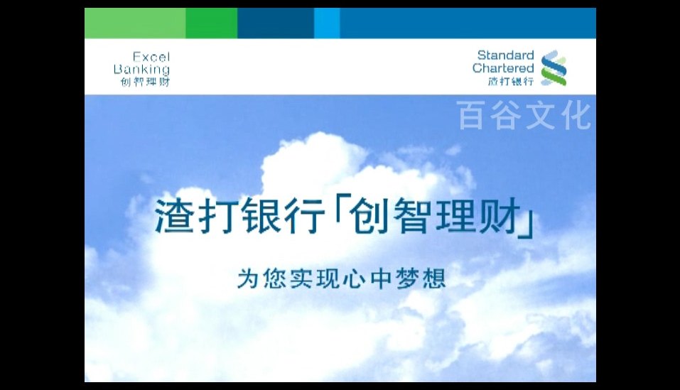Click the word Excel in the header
pos(151,57)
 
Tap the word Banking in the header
pos(141,70)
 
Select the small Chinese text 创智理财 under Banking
pos(145,82)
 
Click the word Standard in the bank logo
pos(505,55)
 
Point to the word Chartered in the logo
pos(503,68)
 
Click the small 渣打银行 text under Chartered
pos(510,80)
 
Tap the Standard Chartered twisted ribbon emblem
pos(554,67)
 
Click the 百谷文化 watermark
pos(524,115)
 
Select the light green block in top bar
pos(135,23)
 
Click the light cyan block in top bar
pos(327,23)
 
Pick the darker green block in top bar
pos(212,23)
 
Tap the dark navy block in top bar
pos(276,23)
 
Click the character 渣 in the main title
pos(174,216)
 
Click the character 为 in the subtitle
pos(248,278)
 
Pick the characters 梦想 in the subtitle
pos(421,278)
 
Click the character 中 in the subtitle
pos(382,278)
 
